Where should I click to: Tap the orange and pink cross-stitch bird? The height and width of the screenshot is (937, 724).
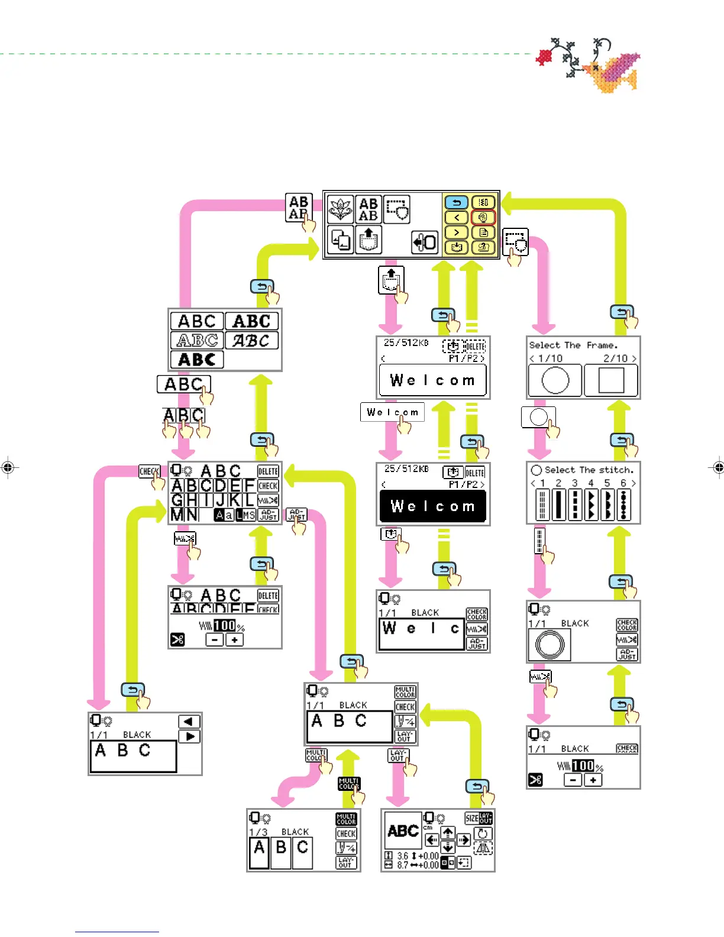pyautogui.click(x=615, y=70)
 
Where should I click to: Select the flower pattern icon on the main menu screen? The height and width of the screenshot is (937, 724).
pyautogui.click(x=340, y=209)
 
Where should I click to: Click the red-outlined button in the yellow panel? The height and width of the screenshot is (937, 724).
pyautogui.click(x=483, y=217)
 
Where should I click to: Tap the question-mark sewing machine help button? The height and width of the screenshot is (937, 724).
pyautogui.click(x=483, y=247)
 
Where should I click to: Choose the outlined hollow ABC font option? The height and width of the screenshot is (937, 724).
pyautogui.click(x=197, y=341)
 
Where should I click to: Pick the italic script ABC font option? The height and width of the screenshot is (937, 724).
pyautogui.click(x=251, y=341)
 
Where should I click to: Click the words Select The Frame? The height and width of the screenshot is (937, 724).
pyautogui.click(x=573, y=345)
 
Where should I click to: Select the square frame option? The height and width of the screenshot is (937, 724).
pyautogui.click(x=611, y=380)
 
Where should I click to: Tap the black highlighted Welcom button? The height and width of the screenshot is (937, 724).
pyautogui.click(x=432, y=506)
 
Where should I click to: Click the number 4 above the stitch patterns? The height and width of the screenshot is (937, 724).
pyautogui.click(x=590, y=483)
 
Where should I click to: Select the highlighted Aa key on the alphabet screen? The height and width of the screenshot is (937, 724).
pyautogui.click(x=224, y=515)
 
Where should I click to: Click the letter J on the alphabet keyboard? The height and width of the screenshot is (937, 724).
pyautogui.click(x=220, y=500)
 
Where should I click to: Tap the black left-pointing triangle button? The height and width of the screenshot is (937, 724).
pyautogui.click(x=189, y=722)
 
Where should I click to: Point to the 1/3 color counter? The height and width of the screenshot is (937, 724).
pyautogui.click(x=258, y=832)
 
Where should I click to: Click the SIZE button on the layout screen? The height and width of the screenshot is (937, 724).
pyautogui.click(x=471, y=819)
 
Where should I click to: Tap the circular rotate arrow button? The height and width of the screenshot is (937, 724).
pyautogui.click(x=483, y=833)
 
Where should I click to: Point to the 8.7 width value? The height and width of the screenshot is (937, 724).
pyautogui.click(x=403, y=865)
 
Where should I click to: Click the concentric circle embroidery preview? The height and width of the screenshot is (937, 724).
pyautogui.click(x=550, y=644)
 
